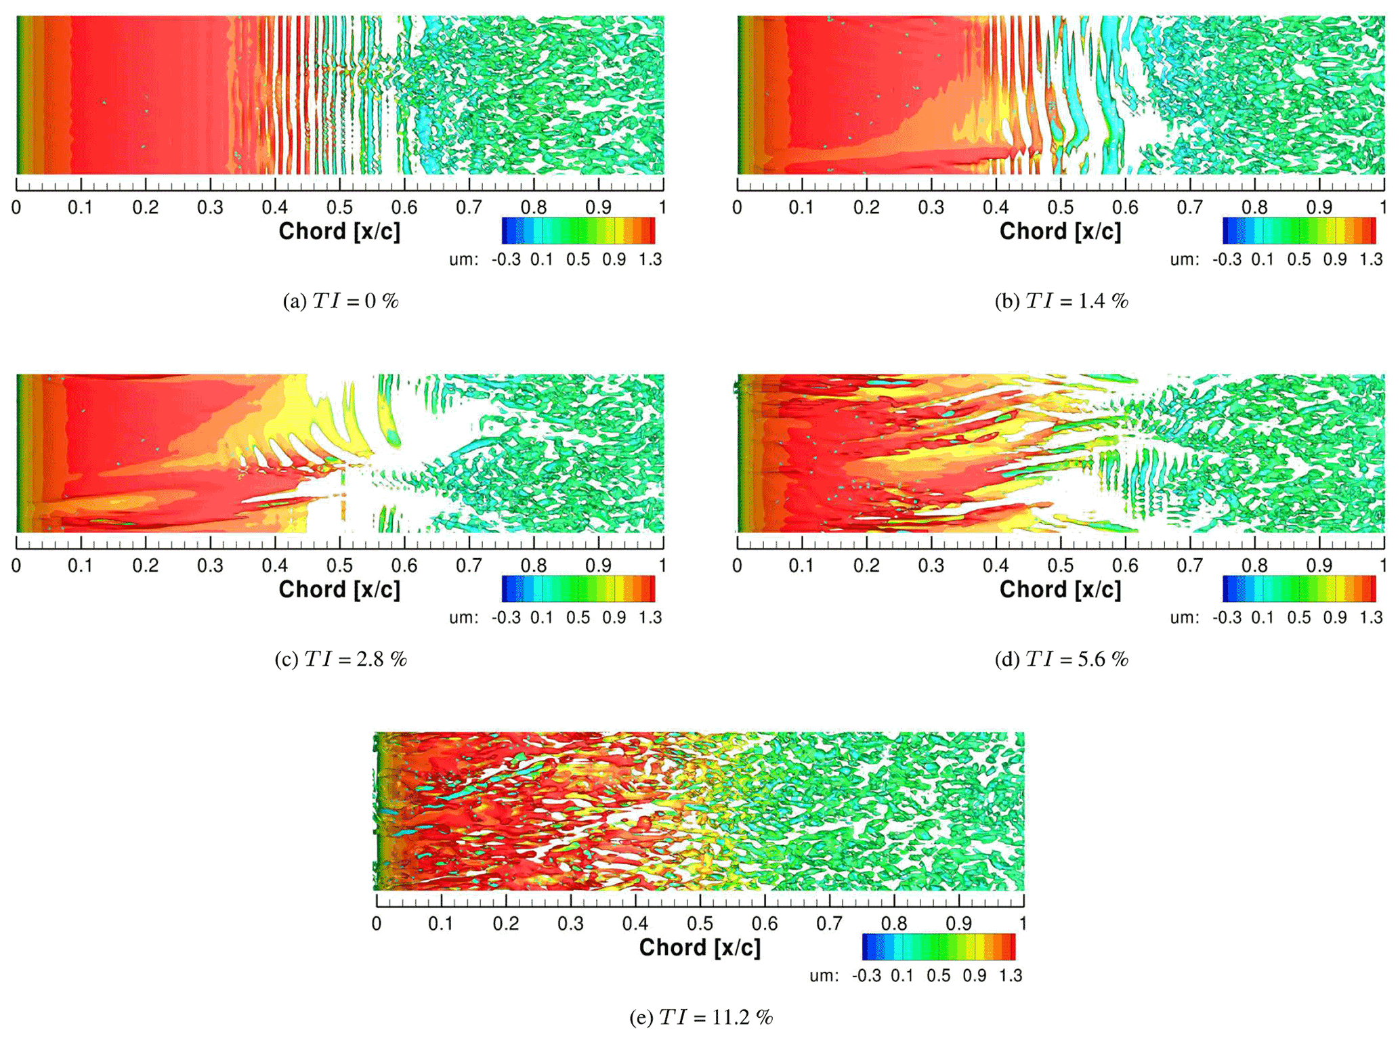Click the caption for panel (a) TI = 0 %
coord(340,301)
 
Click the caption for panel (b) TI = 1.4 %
coord(1061,301)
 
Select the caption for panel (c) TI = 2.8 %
coord(340,659)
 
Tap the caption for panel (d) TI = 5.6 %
coord(1061,659)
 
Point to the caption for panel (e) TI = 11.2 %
coord(701,1017)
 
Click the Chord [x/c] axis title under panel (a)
coord(339,232)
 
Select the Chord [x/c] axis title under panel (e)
coord(700,947)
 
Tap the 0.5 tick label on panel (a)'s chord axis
coord(339,207)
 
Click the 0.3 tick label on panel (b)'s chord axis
coord(931,207)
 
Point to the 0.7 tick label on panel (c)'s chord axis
coord(469,566)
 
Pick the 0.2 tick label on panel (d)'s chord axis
coord(866,566)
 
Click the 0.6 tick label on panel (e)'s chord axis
coord(765,924)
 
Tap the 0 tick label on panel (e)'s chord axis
coord(377,924)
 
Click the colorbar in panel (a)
coord(578,230)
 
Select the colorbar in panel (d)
coord(1299,589)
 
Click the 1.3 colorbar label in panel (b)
coord(1371,259)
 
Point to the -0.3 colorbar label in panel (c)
coord(506,618)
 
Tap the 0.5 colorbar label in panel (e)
coord(938,976)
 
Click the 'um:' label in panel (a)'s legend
coord(464,259)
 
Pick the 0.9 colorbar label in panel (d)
coord(1335,618)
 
